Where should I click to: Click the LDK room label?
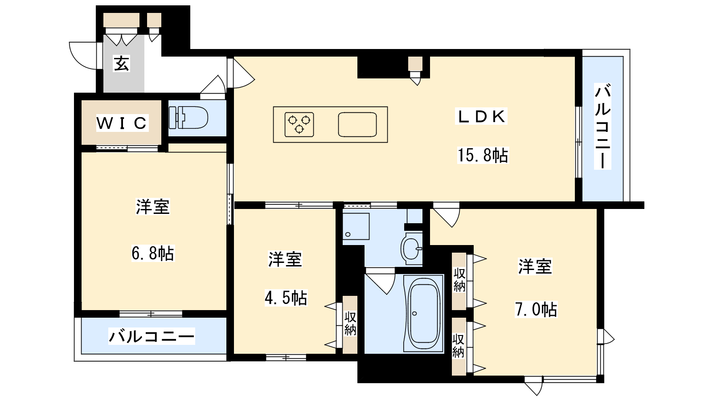tap(482, 116)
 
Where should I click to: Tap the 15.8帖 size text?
tap(483, 155)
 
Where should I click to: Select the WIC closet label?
tap(122, 123)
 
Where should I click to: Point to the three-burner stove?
tap(299, 124)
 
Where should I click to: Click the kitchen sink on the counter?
tap(357, 124)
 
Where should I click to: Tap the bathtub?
tap(424, 314)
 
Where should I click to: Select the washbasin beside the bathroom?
tap(411, 248)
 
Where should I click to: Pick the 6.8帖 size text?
tap(152, 253)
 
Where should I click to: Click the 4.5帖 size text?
tap(286, 298)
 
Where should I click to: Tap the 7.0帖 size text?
tap(536, 309)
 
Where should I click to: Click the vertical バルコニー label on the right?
tap(602, 126)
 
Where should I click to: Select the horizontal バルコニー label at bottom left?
tap(152, 336)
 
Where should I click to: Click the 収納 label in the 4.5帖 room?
tap(350, 324)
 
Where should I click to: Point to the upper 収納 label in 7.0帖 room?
tap(459, 280)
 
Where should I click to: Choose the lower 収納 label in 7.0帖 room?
tap(459, 346)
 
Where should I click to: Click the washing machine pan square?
tap(356, 226)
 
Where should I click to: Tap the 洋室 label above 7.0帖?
tap(535, 266)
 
